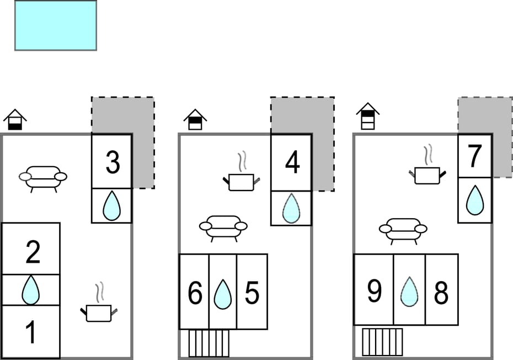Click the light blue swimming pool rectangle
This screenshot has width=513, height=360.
[56, 25]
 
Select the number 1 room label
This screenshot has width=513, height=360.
[31, 332]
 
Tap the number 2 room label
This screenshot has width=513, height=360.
[33, 252]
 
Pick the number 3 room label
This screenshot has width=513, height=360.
[113, 163]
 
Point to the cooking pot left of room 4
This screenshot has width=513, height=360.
[241, 180]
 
